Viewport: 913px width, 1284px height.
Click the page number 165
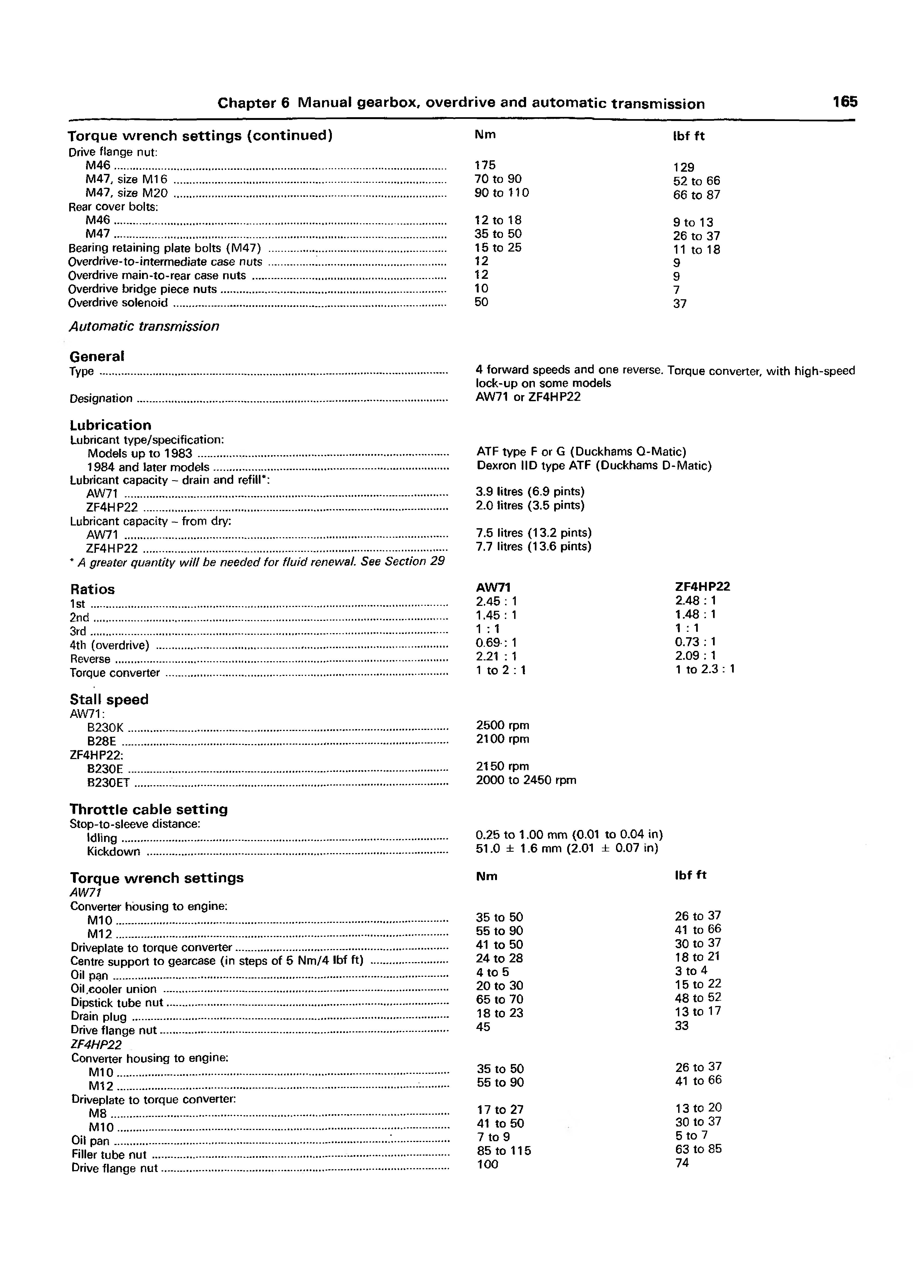coord(845,102)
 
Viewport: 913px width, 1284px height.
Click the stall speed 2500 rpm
coord(502,726)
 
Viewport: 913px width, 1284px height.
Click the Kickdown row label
coord(114,851)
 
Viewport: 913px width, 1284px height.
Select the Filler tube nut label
coord(109,1155)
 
